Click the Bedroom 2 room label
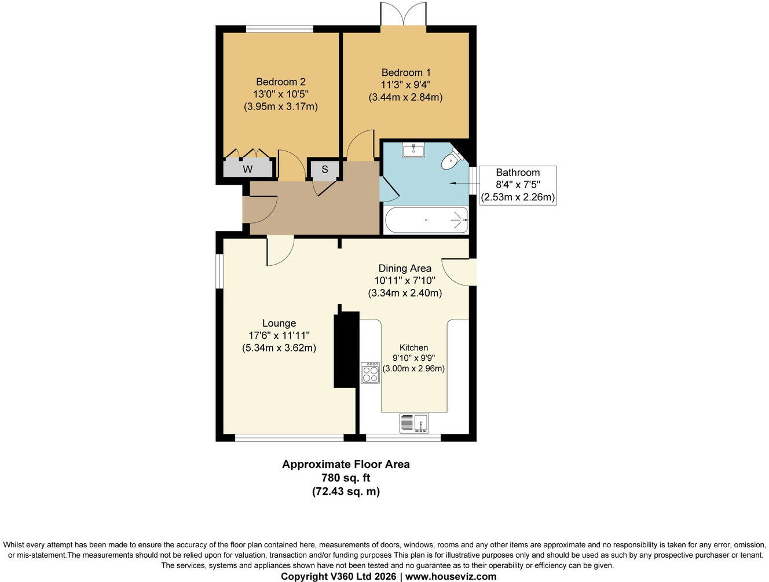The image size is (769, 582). (x=281, y=82)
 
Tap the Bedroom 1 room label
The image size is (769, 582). (x=406, y=72)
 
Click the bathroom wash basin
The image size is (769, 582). (x=413, y=151)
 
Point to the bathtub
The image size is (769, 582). (x=426, y=220)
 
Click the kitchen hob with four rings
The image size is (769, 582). (x=370, y=373)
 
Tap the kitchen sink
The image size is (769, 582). (x=415, y=423)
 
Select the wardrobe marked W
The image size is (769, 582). (x=248, y=169)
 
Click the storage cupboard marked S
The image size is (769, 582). (x=325, y=170)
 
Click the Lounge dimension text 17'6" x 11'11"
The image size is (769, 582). (x=279, y=335)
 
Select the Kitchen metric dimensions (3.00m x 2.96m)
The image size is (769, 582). (x=413, y=368)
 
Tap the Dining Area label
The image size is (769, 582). (x=405, y=268)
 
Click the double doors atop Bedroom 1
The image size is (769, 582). (x=404, y=13)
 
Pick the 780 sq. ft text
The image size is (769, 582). (x=346, y=478)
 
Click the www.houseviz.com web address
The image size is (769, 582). (x=451, y=576)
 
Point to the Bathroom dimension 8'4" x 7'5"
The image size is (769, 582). (x=518, y=185)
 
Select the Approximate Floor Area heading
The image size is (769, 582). (x=346, y=464)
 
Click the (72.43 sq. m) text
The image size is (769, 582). (x=346, y=492)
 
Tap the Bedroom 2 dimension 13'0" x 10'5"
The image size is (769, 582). (x=281, y=94)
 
